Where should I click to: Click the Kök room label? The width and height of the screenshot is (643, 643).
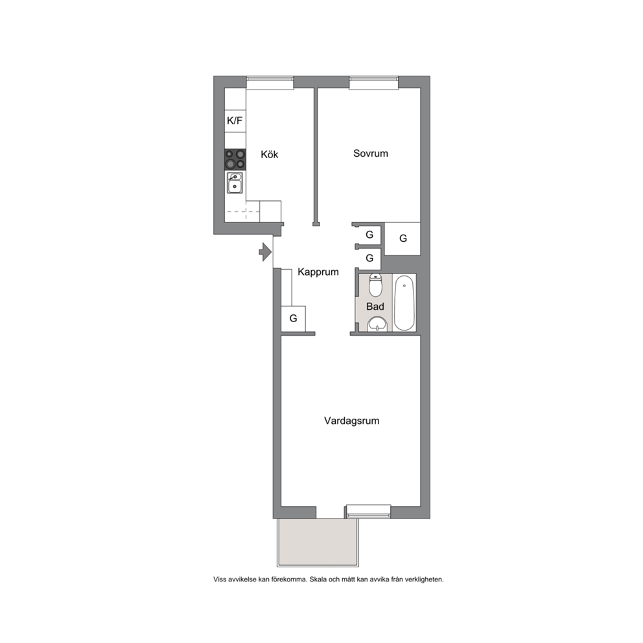pos(270,154)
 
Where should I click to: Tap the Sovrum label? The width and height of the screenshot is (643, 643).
pos(371,154)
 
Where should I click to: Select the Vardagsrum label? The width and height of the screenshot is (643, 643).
pos(351,421)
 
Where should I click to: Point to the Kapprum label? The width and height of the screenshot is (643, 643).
pos(318,272)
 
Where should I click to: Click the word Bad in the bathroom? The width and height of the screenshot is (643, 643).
pos(375,307)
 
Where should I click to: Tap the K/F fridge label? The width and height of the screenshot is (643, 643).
pos(235,121)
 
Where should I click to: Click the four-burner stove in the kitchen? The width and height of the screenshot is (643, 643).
pos(235,159)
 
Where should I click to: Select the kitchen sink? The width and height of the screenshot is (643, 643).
pos(235,183)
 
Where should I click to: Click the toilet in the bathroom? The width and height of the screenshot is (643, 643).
pos(375,285)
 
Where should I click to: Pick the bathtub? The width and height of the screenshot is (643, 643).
pos(404,303)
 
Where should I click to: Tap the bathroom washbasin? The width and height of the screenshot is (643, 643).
pos(377,324)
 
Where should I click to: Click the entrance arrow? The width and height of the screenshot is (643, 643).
pos(265,251)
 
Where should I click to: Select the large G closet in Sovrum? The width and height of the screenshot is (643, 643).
pos(403,239)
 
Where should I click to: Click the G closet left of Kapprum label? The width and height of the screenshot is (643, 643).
pos(293,319)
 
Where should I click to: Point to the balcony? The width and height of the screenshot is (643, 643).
pos(318,543)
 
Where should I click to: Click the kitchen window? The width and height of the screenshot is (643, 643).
pos(270,82)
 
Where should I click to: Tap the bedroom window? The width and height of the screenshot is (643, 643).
pos(373,82)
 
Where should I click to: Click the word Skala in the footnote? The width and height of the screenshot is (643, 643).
pos(318,579)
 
